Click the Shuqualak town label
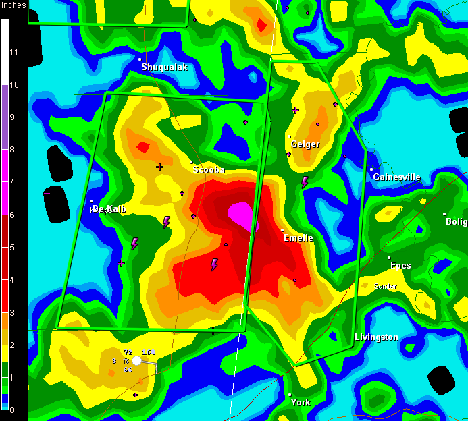(164, 67)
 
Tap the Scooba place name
(209, 170)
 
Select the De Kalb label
(109, 209)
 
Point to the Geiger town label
(305, 144)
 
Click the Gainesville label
(396, 177)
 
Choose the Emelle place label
(298, 238)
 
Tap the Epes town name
(400, 266)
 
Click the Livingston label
(376, 337)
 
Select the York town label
(301, 403)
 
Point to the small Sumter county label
(386, 287)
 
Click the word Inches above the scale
(14, 5)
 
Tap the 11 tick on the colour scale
(14, 52)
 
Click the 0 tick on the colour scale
(11, 410)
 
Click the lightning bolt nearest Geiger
(305, 181)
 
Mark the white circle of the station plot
(137, 360)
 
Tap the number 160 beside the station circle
(149, 352)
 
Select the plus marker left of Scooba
(160, 167)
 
